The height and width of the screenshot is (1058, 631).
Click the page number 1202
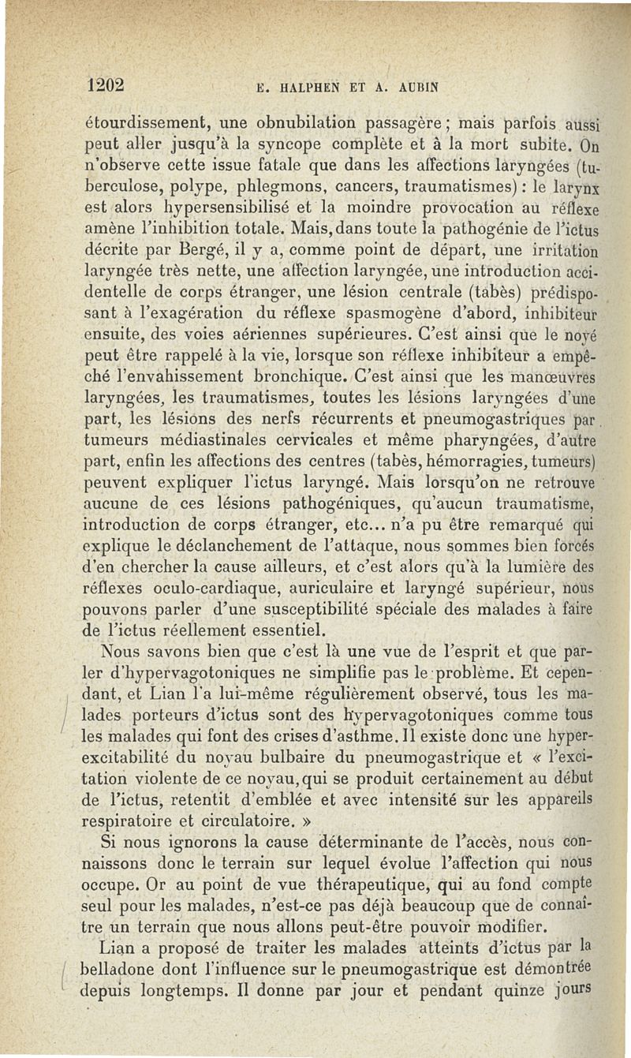(105, 84)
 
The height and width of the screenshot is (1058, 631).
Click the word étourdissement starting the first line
(145, 125)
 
